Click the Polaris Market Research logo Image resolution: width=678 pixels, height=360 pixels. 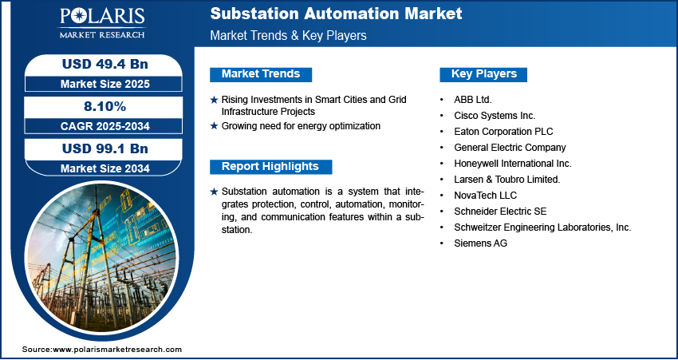pyautogui.click(x=102, y=23)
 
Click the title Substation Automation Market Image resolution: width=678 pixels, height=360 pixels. pyautogui.click(x=336, y=14)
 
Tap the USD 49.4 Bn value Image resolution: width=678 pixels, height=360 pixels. pyautogui.click(x=105, y=64)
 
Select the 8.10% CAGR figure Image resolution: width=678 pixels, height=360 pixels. pyautogui.click(x=105, y=106)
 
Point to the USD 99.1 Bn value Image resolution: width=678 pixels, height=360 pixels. pyautogui.click(x=105, y=148)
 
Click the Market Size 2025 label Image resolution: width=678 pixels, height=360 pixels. pyautogui.click(x=105, y=84)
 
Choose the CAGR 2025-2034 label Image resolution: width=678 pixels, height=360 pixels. pyautogui.click(x=105, y=126)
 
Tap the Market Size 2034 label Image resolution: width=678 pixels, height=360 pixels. pyautogui.click(x=105, y=168)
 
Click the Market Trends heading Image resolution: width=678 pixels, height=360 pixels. pyautogui.click(x=261, y=74)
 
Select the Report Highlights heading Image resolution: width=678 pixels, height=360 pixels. pyautogui.click(x=270, y=167)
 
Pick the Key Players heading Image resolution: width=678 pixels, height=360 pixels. pyautogui.click(x=484, y=74)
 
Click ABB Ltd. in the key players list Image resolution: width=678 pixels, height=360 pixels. pyautogui.click(x=473, y=100)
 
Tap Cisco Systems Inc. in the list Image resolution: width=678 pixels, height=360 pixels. pyautogui.click(x=495, y=116)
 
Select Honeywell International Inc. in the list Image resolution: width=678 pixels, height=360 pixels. pyautogui.click(x=513, y=164)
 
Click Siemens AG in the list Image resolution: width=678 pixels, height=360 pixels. pyautogui.click(x=480, y=243)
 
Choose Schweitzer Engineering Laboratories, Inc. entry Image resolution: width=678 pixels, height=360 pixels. pyautogui.click(x=542, y=227)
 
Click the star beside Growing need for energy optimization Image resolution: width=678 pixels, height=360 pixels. pyautogui.click(x=214, y=126)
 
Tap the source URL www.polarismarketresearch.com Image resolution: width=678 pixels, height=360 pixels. pyautogui.click(x=117, y=350)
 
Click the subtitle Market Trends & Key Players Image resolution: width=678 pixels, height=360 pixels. pyautogui.click(x=289, y=35)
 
